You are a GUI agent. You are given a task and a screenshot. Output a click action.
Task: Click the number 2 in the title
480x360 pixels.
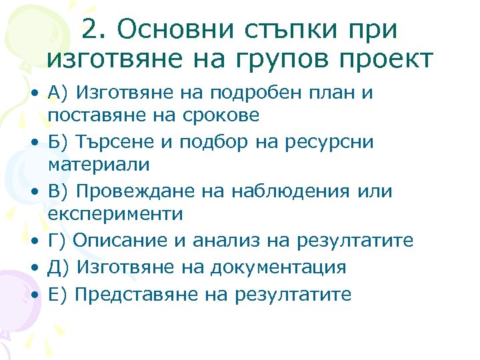(x=92, y=29)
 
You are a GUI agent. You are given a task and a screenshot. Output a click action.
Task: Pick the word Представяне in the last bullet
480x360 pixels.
(x=133, y=295)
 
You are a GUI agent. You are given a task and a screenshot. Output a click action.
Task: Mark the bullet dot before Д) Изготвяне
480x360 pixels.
(x=33, y=268)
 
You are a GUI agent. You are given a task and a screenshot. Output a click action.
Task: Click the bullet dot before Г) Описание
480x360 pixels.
(x=33, y=241)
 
